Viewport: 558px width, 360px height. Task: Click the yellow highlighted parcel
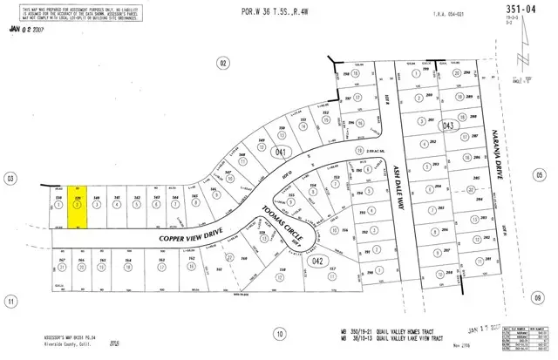coord(79,208)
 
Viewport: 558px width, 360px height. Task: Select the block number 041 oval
coord(281,151)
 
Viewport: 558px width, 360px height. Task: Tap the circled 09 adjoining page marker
coord(539,297)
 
